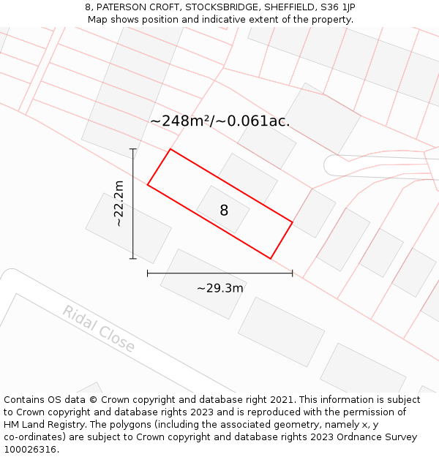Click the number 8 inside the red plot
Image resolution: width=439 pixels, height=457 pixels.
pyautogui.click(x=224, y=211)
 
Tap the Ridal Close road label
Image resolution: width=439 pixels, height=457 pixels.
pyautogui.click(x=99, y=329)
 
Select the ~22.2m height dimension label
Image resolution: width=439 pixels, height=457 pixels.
pyautogui.click(x=119, y=203)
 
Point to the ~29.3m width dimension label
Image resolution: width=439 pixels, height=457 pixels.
pyautogui.click(x=219, y=288)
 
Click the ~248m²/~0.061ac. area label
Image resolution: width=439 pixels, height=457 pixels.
pyautogui.click(x=219, y=121)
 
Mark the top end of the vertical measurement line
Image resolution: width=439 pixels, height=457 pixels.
pyautogui.click(x=133, y=149)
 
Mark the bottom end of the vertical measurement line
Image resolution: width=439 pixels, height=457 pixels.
pyautogui.click(x=133, y=258)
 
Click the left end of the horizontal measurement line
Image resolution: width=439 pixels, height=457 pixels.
pyautogui.click(x=148, y=273)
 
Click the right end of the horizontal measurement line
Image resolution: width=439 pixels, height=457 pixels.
pyautogui.click(x=293, y=273)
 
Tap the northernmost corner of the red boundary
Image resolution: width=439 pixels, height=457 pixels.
pyautogui.click(x=170, y=149)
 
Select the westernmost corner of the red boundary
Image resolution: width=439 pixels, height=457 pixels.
pyautogui.click(x=148, y=184)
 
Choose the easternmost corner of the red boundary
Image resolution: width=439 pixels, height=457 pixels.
pyautogui.click(x=293, y=222)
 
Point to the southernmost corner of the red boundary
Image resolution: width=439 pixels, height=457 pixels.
pyautogui.click(x=271, y=258)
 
